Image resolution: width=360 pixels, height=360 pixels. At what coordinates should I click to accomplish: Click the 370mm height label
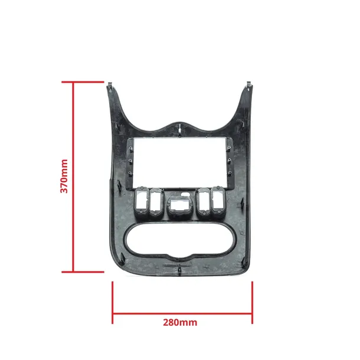pyautogui.click(x=65, y=176)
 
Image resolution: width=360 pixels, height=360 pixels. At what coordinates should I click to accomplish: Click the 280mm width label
pyautogui.click(x=180, y=322)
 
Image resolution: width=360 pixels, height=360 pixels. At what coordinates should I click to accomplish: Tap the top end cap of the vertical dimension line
pyautogui.click(x=73, y=82)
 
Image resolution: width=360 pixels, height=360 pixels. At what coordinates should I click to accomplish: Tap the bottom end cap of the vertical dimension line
pyautogui.click(x=73, y=271)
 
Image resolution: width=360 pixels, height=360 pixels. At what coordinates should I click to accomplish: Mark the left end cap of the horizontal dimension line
pyautogui.click(x=112, y=302)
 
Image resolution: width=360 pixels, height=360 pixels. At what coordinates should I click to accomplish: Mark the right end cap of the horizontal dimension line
pyautogui.click(x=253, y=302)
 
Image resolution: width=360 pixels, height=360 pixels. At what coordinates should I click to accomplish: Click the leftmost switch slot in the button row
pyautogui.click(x=142, y=202)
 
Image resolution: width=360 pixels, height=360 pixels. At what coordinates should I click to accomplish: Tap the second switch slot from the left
pyautogui.click(x=156, y=202)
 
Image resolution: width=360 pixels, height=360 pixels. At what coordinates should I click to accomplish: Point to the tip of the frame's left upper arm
pyautogui.click(x=110, y=86)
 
